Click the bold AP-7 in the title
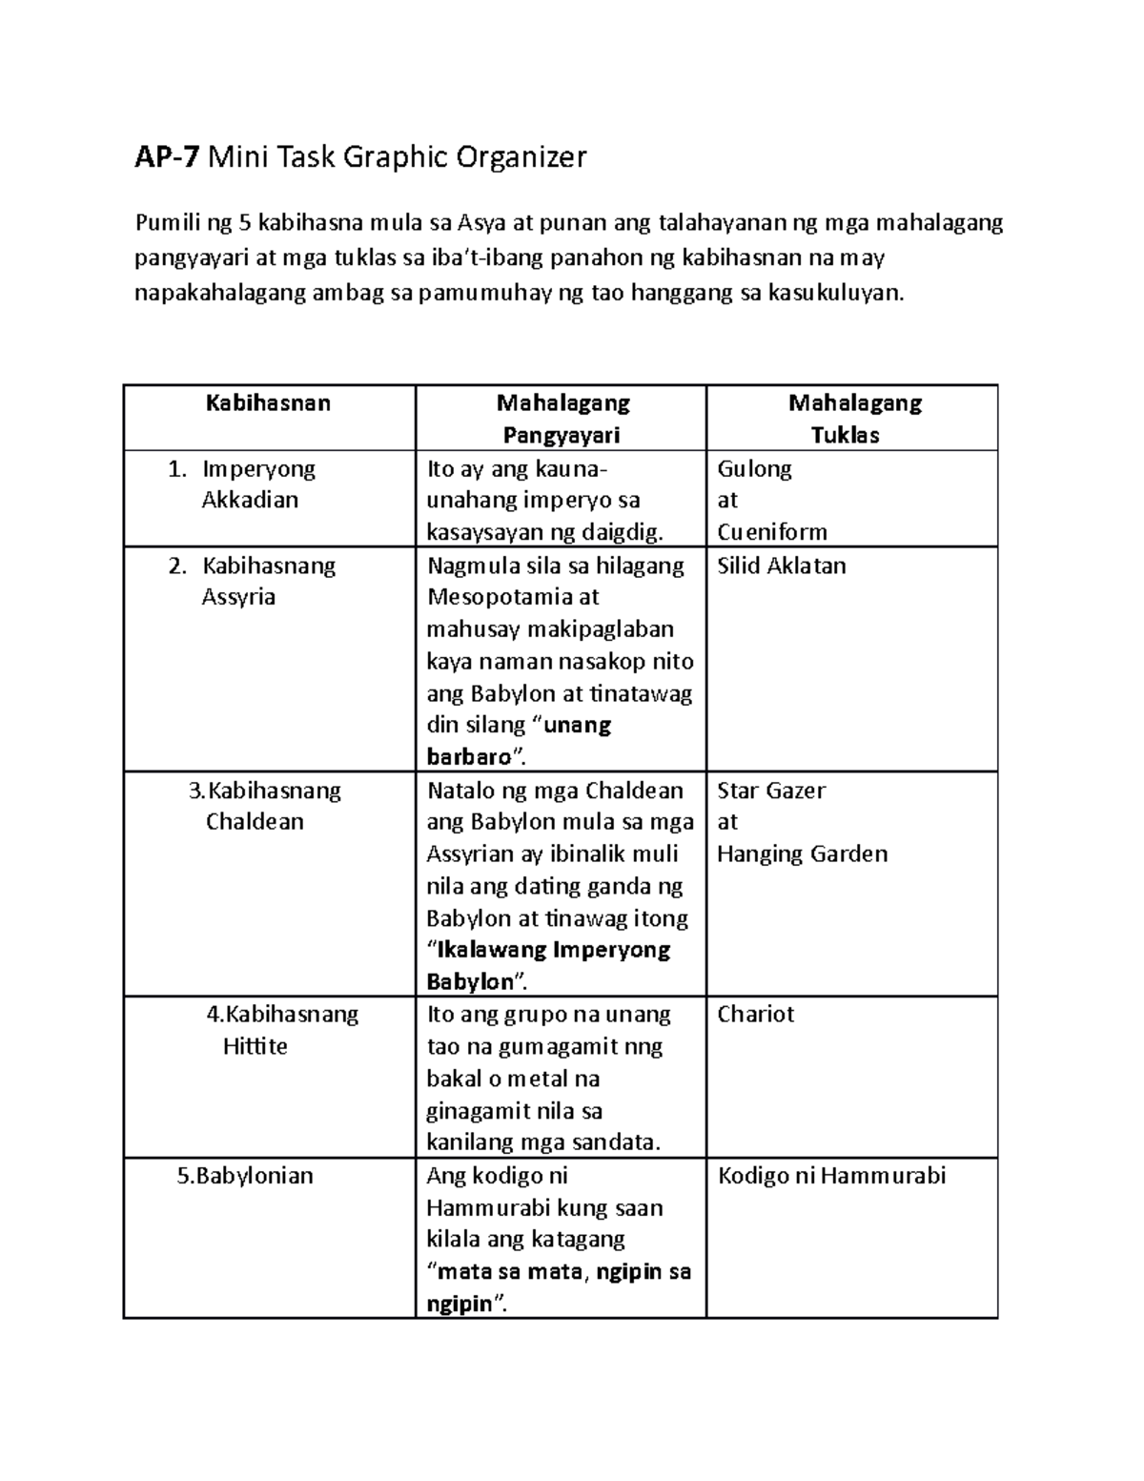pyautogui.click(x=167, y=156)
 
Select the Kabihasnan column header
pyautogui.click(x=268, y=403)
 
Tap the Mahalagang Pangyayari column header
pyautogui.click(x=562, y=419)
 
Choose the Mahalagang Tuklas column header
pyautogui.click(x=854, y=419)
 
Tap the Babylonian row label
pyautogui.click(x=245, y=1176)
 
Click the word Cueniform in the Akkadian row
pyautogui.click(x=771, y=532)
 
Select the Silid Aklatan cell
pyautogui.click(x=781, y=566)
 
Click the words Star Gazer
pyautogui.click(x=770, y=791)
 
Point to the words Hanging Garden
pyautogui.click(x=802, y=854)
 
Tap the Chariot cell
pyautogui.click(x=755, y=1015)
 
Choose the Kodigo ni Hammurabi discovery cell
pyautogui.click(x=830, y=1176)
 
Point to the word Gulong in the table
pyautogui.click(x=754, y=469)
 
